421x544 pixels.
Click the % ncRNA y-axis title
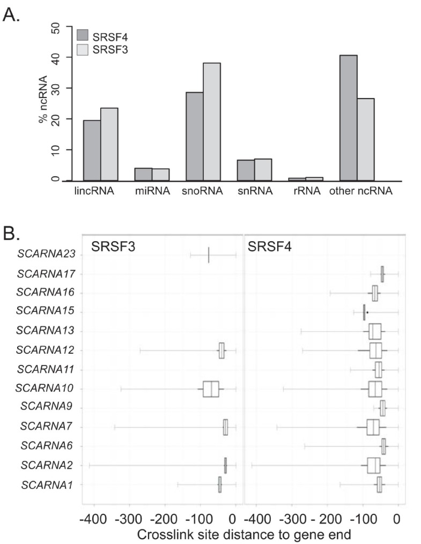[42, 105]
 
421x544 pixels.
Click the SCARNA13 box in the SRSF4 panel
[375, 331]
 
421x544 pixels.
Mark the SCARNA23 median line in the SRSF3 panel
[209, 255]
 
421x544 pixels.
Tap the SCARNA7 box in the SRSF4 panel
[373, 427]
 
